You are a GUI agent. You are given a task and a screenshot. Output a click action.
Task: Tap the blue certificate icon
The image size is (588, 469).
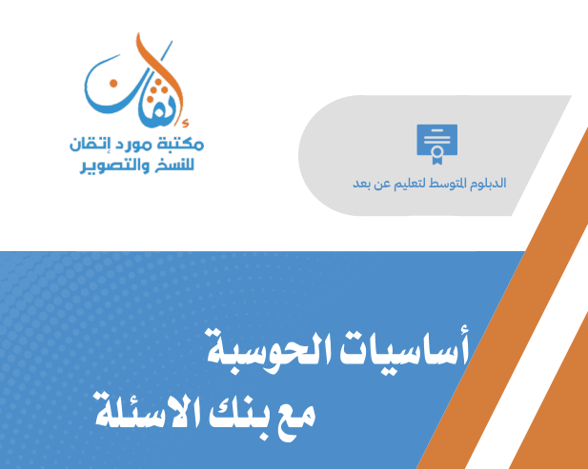click(432, 141)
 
